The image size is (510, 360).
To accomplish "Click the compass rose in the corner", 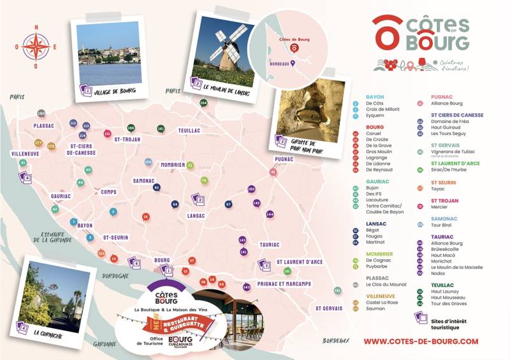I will tap(36, 47).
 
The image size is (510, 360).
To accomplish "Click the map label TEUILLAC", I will tap(189, 130).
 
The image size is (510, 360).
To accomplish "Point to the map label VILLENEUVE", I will tap(25, 154).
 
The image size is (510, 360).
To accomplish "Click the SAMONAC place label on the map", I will tap(143, 181).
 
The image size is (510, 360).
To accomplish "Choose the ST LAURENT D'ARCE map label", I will tap(299, 262).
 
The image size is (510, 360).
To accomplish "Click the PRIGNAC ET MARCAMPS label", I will tap(284, 284).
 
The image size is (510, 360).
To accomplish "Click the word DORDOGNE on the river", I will tap(115, 276).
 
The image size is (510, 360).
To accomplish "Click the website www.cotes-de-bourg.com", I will tap(421, 342).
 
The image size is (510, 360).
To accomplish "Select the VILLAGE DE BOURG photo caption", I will tap(117, 92).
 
